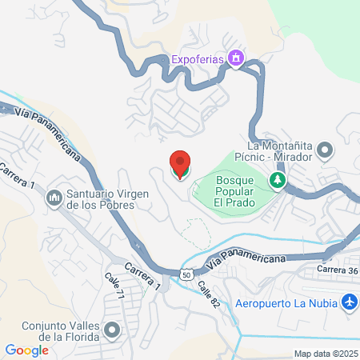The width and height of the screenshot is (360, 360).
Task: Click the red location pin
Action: [180, 165]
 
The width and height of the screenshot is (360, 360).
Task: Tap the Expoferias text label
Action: [198, 58]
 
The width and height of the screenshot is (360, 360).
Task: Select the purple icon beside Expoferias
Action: [236, 58]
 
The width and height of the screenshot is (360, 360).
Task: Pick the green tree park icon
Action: [278, 180]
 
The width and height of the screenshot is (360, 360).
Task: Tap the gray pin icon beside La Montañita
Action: [326, 150]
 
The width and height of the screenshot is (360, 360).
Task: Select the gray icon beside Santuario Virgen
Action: [54, 196]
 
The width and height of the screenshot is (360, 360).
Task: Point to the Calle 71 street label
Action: [114, 286]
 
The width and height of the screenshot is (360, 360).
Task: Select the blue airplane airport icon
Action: [349, 302]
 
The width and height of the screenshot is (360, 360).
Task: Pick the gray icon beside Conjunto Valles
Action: [112, 329]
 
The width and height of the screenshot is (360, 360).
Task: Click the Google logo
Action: [26, 350]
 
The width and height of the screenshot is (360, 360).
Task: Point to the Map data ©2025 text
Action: [324, 353]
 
